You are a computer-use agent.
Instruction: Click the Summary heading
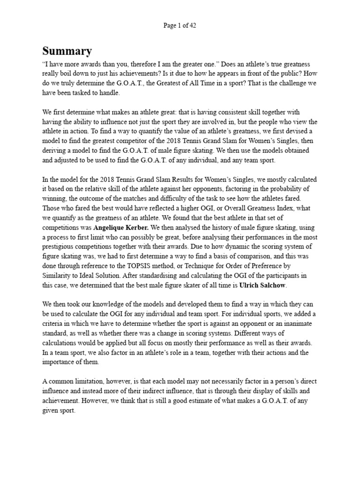pos(67,51)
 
